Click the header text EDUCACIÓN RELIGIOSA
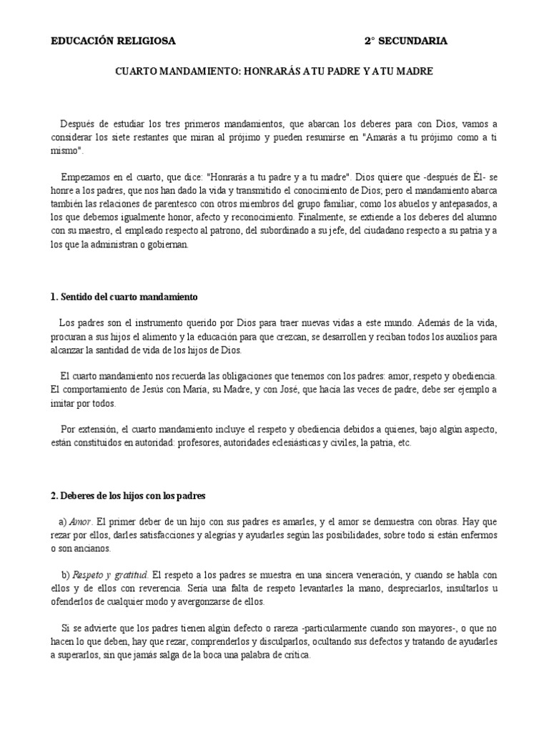point(112,41)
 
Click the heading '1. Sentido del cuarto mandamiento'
point(124,296)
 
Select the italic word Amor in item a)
point(81,520)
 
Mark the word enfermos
point(478,534)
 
